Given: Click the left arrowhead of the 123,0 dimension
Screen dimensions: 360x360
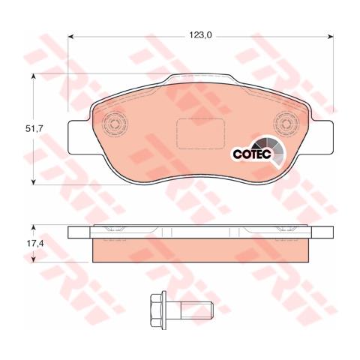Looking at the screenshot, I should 71,35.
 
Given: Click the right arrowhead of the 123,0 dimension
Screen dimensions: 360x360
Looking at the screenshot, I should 331,35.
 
